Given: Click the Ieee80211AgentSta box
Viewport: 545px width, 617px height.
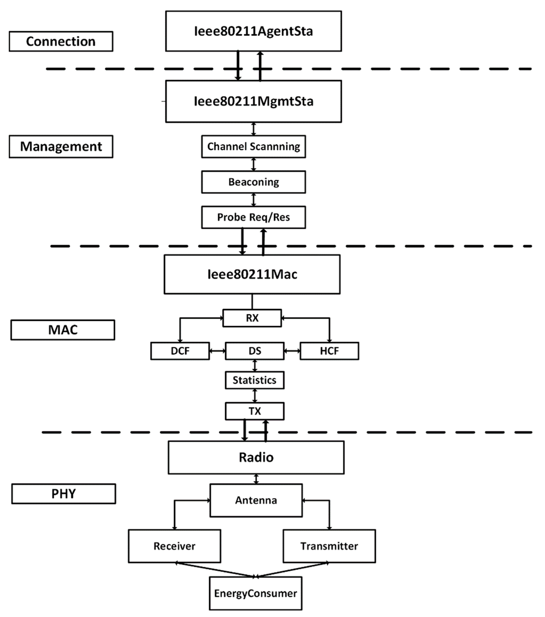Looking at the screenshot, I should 254,31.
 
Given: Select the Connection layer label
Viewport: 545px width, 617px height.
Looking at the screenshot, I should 61,41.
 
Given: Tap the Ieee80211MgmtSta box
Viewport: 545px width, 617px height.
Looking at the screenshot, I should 254,101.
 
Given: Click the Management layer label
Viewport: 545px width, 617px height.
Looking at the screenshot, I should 61,146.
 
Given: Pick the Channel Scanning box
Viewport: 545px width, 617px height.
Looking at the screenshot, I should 254,146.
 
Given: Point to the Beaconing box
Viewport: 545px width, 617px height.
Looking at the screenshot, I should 254,182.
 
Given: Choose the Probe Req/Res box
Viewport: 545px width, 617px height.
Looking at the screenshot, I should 254,217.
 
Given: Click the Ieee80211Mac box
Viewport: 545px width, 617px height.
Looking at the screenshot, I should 252,274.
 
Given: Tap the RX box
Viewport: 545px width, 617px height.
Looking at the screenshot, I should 252,318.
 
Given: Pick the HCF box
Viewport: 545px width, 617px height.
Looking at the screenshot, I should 329,351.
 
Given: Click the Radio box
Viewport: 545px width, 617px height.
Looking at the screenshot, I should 256,457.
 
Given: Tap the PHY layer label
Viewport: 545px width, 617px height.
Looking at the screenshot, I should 63,494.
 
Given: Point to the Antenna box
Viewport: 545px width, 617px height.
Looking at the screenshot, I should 256,500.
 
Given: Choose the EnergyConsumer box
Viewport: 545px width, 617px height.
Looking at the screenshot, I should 255,593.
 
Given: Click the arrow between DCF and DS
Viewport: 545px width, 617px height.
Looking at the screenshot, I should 217,351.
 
